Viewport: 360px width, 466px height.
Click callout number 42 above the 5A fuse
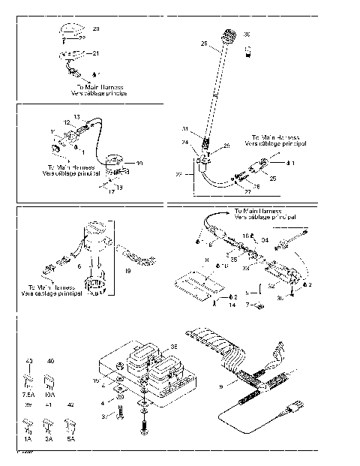coord(71,404)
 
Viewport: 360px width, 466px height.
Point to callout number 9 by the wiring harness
coord(220,386)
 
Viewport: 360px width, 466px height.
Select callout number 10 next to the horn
coord(139,163)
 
